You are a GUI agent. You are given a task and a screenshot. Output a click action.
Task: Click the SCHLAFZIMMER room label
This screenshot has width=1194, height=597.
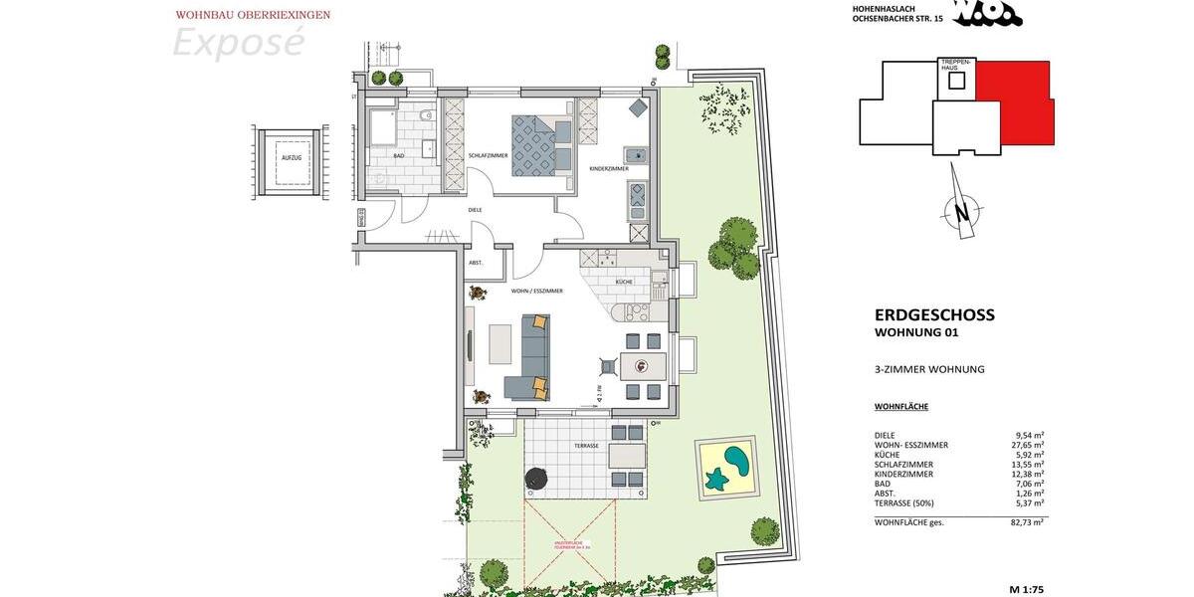coord(488,156)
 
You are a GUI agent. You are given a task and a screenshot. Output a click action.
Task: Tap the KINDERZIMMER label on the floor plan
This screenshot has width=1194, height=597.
coord(608,169)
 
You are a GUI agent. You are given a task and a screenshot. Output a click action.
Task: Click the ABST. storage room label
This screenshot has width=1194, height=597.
coord(476,263)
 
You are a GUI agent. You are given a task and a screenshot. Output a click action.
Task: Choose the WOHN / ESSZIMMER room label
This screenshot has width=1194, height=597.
coord(537,291)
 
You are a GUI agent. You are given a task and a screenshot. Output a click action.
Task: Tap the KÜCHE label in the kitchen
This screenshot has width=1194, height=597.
coord(625,283)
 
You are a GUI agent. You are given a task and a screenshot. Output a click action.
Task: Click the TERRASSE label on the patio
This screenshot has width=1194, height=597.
coord(586,446)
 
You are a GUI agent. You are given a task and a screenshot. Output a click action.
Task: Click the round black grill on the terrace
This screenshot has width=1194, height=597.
coord(537,478)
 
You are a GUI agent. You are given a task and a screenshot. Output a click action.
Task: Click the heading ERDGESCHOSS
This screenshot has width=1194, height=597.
coord(934,315)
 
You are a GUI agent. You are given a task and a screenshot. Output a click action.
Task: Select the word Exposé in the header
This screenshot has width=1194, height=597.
coord(239,43)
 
